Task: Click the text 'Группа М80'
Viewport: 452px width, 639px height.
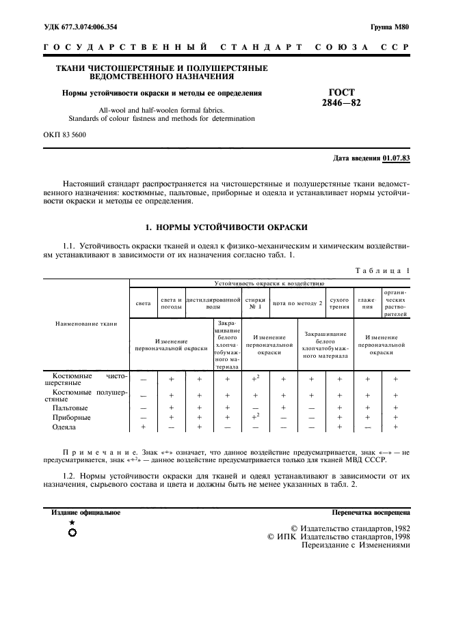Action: pos(390,27)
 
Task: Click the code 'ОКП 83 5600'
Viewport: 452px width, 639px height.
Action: pos(64,135)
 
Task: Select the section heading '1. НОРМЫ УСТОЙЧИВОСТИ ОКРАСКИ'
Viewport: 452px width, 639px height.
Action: pos(226,226)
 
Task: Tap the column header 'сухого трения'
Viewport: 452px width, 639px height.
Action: pos(339,302)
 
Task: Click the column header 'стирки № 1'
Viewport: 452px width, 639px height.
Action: pos(255,302)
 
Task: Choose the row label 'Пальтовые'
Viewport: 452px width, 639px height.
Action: pos(70,407)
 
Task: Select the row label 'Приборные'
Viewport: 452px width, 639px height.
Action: pos(71,417)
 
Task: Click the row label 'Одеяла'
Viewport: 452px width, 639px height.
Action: pos(65,427)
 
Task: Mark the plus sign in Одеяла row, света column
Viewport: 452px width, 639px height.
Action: pos(143,427)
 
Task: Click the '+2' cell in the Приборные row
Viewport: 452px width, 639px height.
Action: pos(255,416)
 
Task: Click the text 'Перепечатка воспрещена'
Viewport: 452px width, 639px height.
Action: pos(370,511)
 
